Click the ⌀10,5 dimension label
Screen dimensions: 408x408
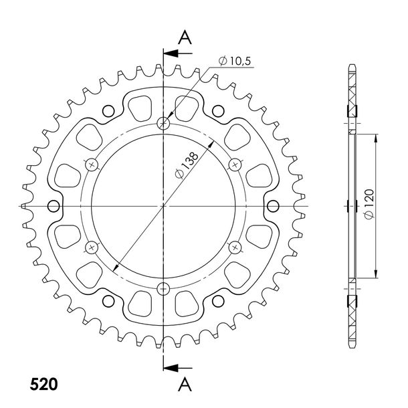(x=235, y=61)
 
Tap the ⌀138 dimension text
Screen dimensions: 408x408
(x=187, y=165)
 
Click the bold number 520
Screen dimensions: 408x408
(x=43, y=384)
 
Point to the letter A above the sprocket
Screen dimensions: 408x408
(x=185, y=37)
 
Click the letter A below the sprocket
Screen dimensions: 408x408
(x=185, y=385)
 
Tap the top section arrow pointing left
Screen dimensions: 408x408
(x=178, y=54)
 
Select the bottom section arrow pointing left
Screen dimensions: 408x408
(x=178, y=368)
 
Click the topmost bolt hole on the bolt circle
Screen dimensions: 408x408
(x=163, y=123)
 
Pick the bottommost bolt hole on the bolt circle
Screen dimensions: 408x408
(x=163, y=288)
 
